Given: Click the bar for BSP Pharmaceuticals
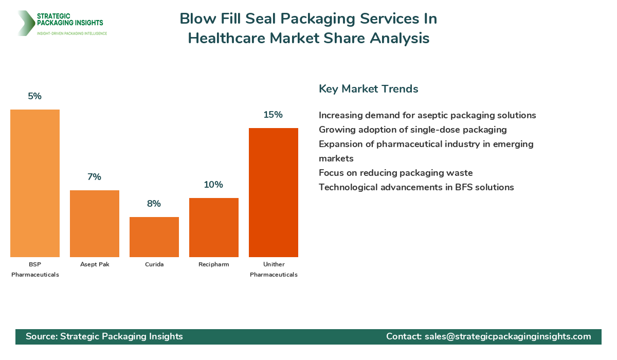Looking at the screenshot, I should click(x=35, y=183).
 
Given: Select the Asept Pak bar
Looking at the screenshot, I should click(x=95, y=224).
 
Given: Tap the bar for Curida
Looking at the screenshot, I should click(x=154, y=237).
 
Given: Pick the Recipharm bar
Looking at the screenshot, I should click(x=214, y=227).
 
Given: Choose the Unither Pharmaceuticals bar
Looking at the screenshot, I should click(x=274, y=192).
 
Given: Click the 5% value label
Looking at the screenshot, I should click(x=35, y=96).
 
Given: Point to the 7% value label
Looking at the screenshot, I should click(x=95, y=177).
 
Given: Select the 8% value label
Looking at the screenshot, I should click(x=154, y=204).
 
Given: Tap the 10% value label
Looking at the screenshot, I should click(x=214, y=185).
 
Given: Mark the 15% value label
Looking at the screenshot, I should click(x=274, y=115).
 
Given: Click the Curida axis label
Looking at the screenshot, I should click(x=154, y=264).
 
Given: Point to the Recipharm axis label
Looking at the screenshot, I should click(x=214, y=264).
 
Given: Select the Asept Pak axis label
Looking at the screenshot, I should click(x=95, y=264).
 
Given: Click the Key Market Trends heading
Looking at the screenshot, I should click(x=368, y=89).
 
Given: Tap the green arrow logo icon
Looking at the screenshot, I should click(x=25, y=23).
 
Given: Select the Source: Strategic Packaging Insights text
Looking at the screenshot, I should click(x=104, y=336).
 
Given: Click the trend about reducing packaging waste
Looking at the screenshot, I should click(x=395, y=173).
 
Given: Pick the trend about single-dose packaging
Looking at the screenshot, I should click(x=412, y=130).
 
